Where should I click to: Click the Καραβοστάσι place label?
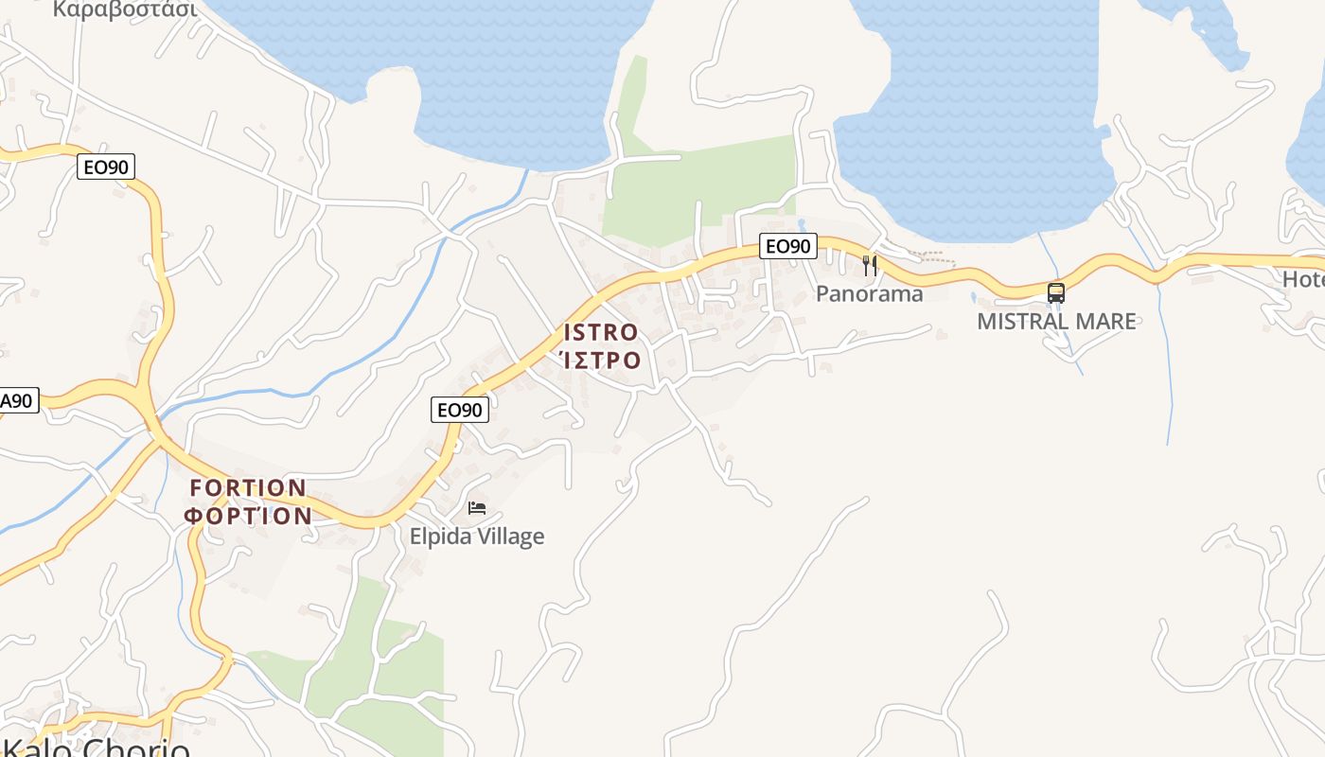click(x=125, y=9)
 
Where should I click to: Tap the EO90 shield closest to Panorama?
click(x=787, y=246)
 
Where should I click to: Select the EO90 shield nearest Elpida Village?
click(x=460, y=410)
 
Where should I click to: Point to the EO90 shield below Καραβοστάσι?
click(x=106, y=167)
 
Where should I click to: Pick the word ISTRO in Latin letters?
click(x=601, y=332)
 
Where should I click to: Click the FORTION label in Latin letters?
click(x=248, y=488)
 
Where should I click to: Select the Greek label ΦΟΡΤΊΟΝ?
click(x=248, y=516)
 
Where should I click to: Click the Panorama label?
click(x=869, y=293)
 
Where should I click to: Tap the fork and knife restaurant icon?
click(x=870, y=266)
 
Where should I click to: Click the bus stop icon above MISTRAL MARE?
click(x=1056, y=293)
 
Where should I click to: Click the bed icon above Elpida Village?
click(x=477, y=508)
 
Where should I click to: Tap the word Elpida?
click(x=439, y=537)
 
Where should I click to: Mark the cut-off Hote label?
click(x=1303, y=279)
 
